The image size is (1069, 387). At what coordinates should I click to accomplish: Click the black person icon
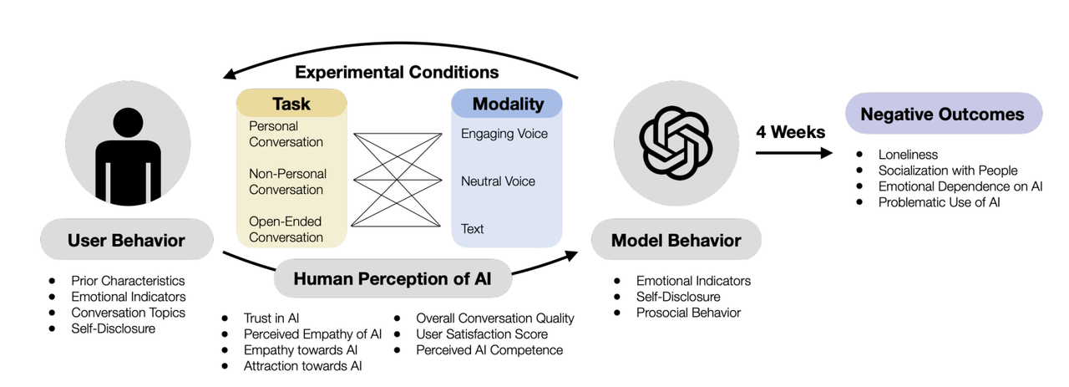click(127, 158)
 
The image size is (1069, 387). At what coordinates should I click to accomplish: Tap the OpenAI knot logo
click(676, 141)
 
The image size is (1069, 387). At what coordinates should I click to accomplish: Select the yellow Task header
click(291, 104)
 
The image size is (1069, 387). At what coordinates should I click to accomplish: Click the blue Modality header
click(507, 104)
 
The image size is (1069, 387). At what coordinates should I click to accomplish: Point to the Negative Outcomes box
click(943, 115)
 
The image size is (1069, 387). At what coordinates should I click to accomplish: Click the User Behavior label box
click(126, 241)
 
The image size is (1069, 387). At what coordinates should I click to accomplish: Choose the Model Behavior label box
click(676, 241)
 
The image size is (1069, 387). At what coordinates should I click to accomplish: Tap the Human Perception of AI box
click(392, 279)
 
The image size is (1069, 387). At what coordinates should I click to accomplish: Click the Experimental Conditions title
click(397, 72)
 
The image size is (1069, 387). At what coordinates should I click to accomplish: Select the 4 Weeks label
click(790, 132)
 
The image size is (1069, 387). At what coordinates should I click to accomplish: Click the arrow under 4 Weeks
click(794, 153)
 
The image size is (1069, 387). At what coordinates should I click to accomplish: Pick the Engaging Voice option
click(504, 134)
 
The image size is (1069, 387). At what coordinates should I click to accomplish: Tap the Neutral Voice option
click(498, 181)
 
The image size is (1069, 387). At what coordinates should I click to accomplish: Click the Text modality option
click(472, 229)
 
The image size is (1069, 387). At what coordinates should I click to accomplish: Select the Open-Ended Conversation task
click(286, 229)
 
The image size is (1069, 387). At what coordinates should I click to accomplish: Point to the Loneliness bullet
click(908, 155)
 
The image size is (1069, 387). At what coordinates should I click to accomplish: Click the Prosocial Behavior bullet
click(688, 313)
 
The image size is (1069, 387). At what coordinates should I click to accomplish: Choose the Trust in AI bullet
click(271, 318)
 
